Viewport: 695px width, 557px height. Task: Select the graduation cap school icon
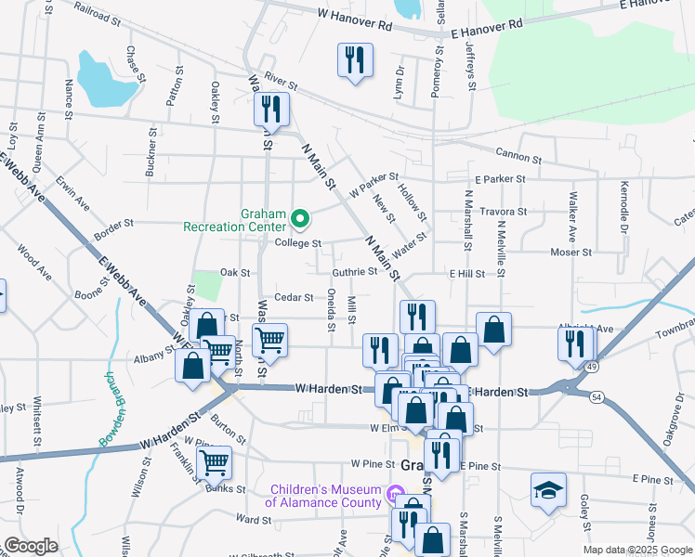tap(548, 488)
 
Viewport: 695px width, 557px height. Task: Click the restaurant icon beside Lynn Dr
tap(355, 60)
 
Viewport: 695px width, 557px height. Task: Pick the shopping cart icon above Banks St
tap(214, 461)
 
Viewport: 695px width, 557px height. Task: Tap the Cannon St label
tap(518, 155)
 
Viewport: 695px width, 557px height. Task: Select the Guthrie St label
tap(354, 272)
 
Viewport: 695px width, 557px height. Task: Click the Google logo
tap(31, 546)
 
